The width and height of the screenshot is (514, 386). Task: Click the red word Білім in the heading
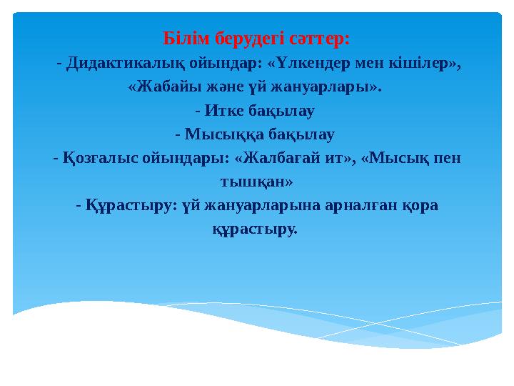pos(186,39)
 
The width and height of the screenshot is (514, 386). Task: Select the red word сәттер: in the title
pos(320,39)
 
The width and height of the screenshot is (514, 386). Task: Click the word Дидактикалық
pos(125,64)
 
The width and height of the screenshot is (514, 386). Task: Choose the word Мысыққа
pos(224,134)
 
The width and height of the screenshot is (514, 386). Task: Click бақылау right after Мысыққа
pos(301,135)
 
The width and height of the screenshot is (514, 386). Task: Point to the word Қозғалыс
pos(101,159)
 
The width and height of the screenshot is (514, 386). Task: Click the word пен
pos(448,159)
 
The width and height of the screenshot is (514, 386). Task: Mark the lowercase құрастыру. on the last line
pos(255,229)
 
